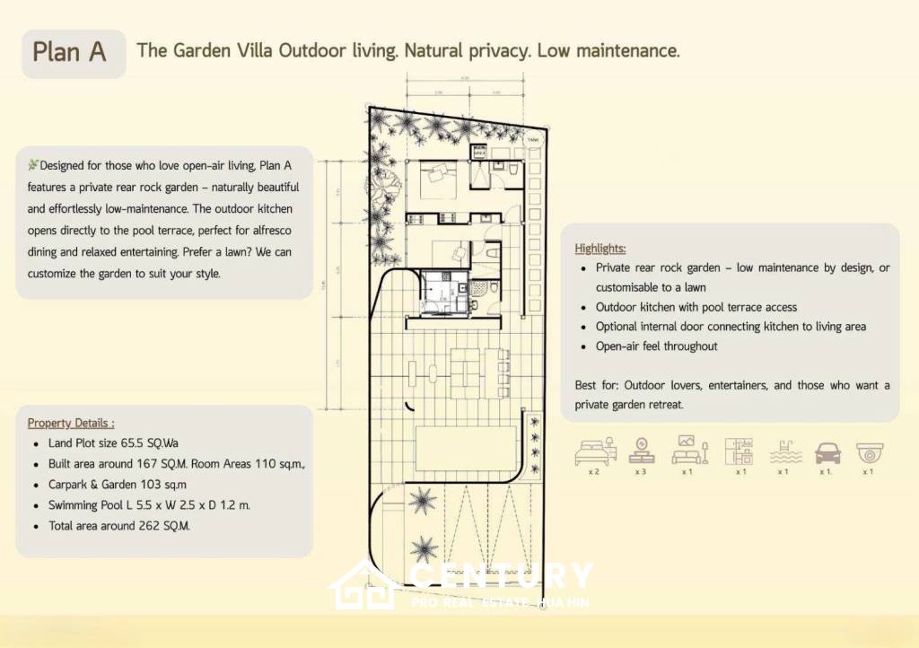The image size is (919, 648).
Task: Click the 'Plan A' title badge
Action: point(70,52)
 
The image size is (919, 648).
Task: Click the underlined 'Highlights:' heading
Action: point(600,249)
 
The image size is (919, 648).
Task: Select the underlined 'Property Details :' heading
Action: point(71,423)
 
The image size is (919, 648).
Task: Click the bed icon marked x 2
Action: point(593,451)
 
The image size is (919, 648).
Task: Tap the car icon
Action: point(827,453)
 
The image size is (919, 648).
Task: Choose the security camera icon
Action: point(870,451)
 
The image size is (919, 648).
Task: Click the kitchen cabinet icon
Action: point(740,451)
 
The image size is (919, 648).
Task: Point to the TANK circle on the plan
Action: point(533,139)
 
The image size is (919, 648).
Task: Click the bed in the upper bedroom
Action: point(433,175)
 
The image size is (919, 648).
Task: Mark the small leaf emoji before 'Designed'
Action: point(33,165)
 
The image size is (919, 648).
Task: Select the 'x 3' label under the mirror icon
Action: point(641,471)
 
